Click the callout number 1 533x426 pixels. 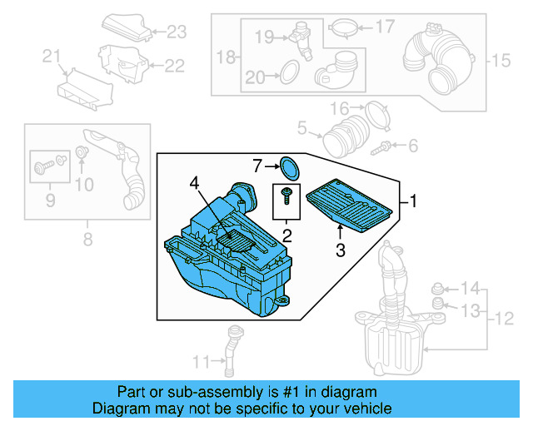coord(414,200)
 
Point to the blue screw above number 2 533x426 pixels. coord(286,197)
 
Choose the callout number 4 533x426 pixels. coord(194,181)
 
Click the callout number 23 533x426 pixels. coord(177,32)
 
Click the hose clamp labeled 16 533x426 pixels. coord(377,114)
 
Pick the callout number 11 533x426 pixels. coord(201,361)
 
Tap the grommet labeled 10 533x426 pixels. coord(82,152)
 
